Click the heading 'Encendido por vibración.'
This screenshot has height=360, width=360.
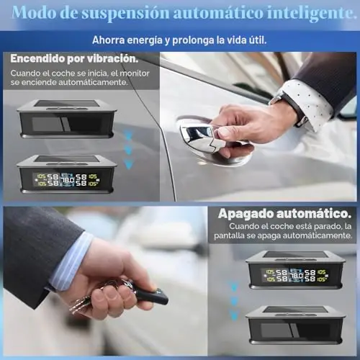tap(74, 59)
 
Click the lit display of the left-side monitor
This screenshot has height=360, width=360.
tap(66, 179)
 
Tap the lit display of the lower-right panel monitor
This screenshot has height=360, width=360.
tap(294, 275)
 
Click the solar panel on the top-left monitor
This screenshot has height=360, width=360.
tap(66, 104)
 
